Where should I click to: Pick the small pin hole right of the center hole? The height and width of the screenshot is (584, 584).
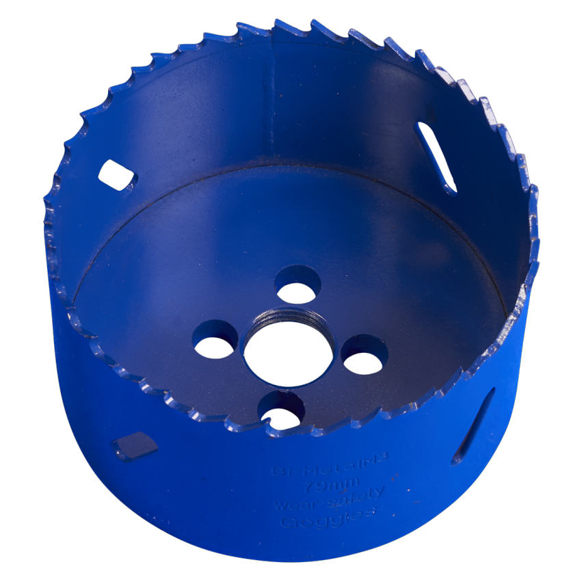(364, 356)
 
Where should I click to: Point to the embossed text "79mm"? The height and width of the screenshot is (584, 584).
(328, 486)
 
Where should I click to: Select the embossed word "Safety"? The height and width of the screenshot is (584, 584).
(359, 496)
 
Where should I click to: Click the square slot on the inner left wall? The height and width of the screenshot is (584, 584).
(116, 175)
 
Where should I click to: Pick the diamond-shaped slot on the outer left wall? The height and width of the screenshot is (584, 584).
(135, 445)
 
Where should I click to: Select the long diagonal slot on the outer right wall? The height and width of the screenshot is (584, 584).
(473, 425)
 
